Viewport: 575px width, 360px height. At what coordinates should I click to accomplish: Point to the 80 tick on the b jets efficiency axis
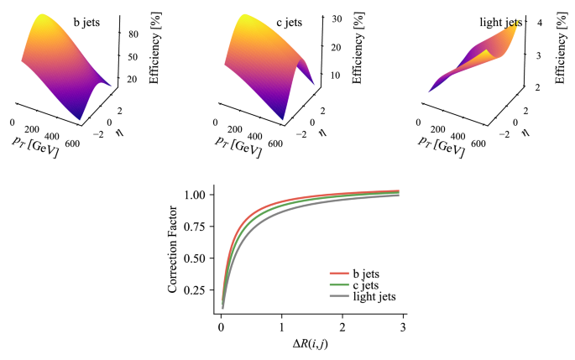pos(133,35)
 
